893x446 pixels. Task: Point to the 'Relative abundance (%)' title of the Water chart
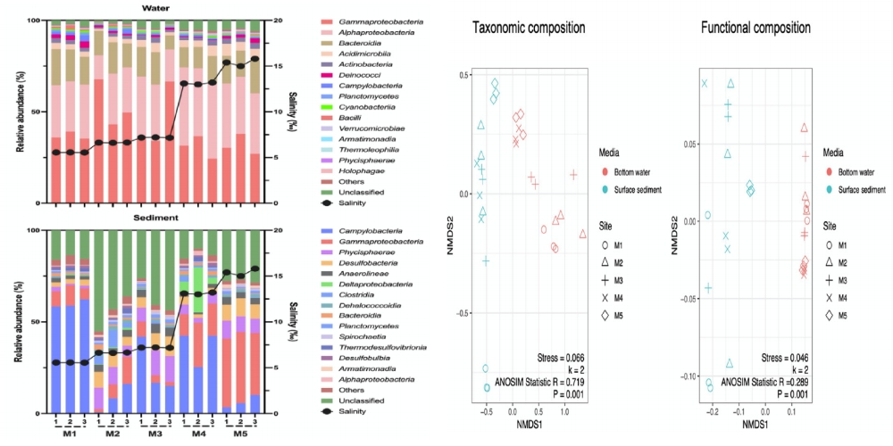[10, 111]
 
